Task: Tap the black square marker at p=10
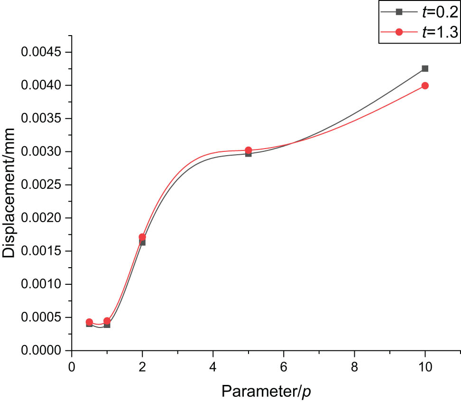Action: [x=425, y=68]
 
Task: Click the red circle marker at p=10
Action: [x=425, y=85]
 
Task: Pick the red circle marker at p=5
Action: [x=248, y=150]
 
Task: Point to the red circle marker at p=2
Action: [x=142, y=237]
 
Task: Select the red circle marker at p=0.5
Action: [x=89, y=322]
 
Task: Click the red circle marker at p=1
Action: [x=107, y=321]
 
